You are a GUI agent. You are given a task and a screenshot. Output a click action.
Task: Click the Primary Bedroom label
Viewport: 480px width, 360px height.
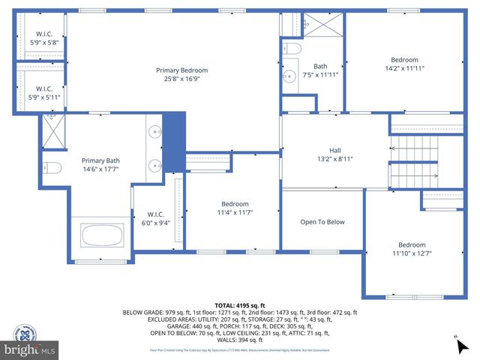tap(181, 70)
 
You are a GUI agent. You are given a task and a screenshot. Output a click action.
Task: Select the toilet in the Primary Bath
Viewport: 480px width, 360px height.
tap(52, 166)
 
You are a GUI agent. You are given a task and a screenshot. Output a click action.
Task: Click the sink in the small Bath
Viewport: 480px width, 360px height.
tap(289, 76)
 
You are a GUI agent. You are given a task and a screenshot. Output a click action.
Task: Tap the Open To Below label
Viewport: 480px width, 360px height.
tap(322, 222)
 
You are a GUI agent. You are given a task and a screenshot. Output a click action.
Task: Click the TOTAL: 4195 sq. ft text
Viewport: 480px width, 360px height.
tap(240, 305)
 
